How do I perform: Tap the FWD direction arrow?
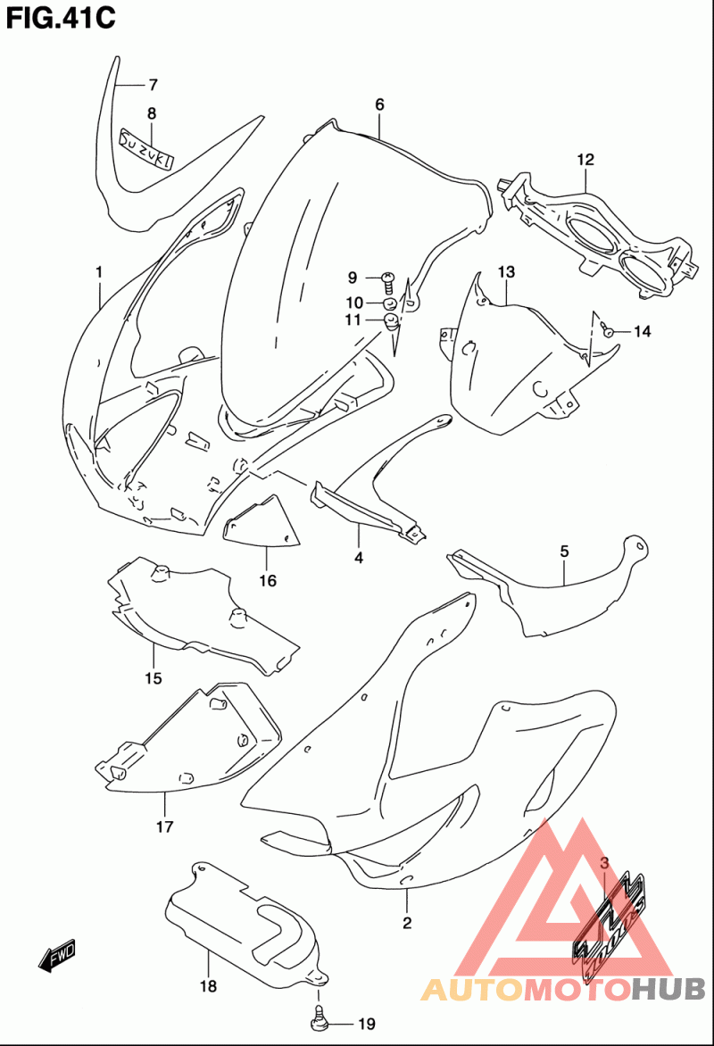57,955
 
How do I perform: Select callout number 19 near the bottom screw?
367,1024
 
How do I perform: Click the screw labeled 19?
319,1017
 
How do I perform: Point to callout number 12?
585,160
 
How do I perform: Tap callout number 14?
642,331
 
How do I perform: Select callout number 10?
353,303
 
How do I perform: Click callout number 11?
353,320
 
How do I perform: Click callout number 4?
359,558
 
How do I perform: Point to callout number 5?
565,552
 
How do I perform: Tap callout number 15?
154,678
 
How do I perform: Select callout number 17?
165,826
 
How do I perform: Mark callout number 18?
208,985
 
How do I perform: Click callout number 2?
407,923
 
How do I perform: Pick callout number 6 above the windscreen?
379,104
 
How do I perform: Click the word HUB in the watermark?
668,989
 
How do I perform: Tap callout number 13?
506,272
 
